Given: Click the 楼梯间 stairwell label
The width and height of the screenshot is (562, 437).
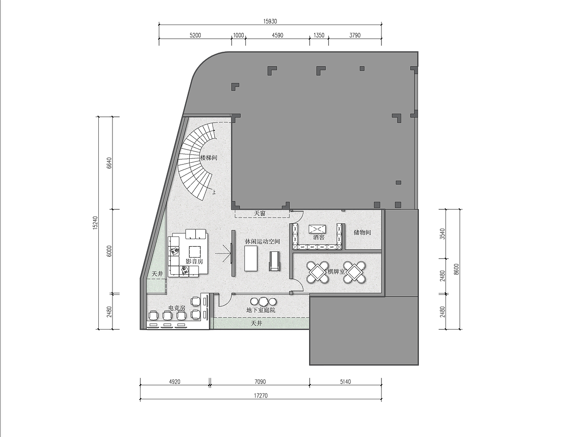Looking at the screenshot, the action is (209, 158).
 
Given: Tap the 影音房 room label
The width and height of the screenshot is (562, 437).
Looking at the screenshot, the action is (195, 261).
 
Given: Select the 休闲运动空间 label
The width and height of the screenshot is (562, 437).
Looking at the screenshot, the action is (263, 241).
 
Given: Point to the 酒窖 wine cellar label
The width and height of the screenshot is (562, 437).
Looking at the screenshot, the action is (319, 237).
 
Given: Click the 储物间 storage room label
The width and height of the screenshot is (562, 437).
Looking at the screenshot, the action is (362, 233).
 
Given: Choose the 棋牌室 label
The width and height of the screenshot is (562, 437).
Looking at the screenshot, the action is (336, 272).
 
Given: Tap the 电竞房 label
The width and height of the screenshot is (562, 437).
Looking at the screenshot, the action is (177, 308).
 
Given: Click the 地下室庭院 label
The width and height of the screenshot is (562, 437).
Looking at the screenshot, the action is (261, 310).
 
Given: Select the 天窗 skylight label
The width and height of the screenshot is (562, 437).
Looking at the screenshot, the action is (259, 214).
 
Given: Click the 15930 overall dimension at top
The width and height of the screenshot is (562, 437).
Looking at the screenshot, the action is (270, 21).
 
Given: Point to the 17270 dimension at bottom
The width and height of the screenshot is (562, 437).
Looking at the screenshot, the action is (261, 396).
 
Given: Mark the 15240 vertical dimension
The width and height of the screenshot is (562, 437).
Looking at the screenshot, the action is (95, 223).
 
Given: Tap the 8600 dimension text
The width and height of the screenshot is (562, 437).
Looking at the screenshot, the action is (456, 269).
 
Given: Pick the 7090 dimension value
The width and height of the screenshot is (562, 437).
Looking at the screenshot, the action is (260, 382).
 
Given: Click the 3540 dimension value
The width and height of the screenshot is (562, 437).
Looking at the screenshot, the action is (443, 234).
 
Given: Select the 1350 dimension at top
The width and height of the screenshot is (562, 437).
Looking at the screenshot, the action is (319, 36).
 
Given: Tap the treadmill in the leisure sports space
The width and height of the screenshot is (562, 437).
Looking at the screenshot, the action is (274, 261).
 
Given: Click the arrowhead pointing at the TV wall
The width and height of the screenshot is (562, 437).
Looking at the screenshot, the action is (228, 254).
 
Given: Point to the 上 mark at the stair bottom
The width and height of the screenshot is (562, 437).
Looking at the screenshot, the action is (214, 192).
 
